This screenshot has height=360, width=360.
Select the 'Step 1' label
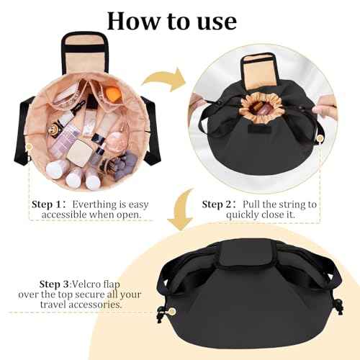coord(53,204)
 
